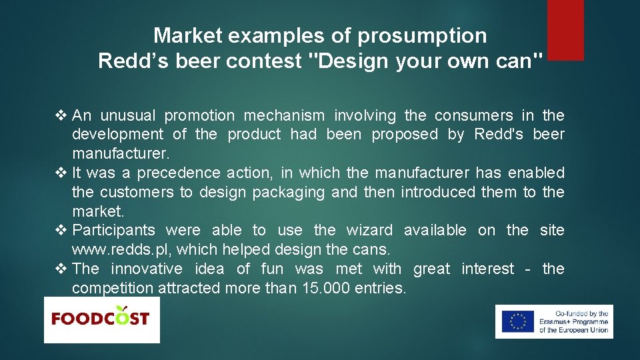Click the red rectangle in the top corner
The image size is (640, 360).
(565, 30)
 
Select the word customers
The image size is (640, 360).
(138, 193)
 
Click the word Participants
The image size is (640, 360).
(114, 231)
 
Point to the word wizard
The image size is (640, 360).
(369, 231)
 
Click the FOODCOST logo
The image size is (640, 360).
(101, 319)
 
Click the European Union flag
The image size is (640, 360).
(517, 321)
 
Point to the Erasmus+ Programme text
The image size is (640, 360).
(573, 321)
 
